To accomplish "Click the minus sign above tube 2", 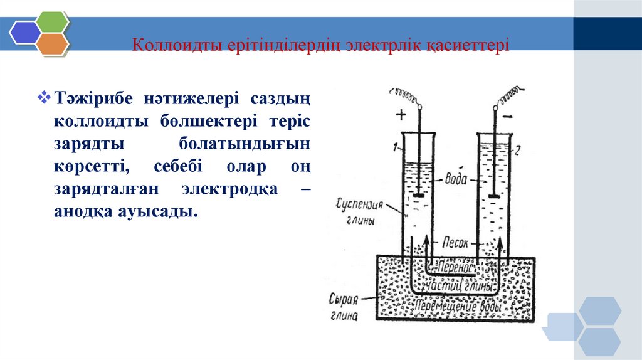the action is (508, 117).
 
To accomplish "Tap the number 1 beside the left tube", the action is (396, 149).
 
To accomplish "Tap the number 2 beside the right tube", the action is (517, 150).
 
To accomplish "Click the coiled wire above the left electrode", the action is (404, 96).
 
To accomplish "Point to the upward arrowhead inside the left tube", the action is (426, 240).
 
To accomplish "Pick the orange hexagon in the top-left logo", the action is (52, 43).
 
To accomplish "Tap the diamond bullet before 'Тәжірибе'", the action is (44, 97).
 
